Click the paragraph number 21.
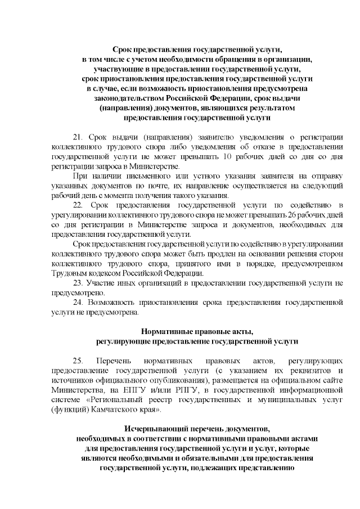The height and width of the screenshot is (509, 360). (x=78, y=137)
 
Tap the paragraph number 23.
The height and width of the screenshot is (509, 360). (x=78, y=283)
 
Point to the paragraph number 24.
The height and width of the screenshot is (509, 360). (x=78, y=303)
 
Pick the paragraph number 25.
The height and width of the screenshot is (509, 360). (x=78, y=359)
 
